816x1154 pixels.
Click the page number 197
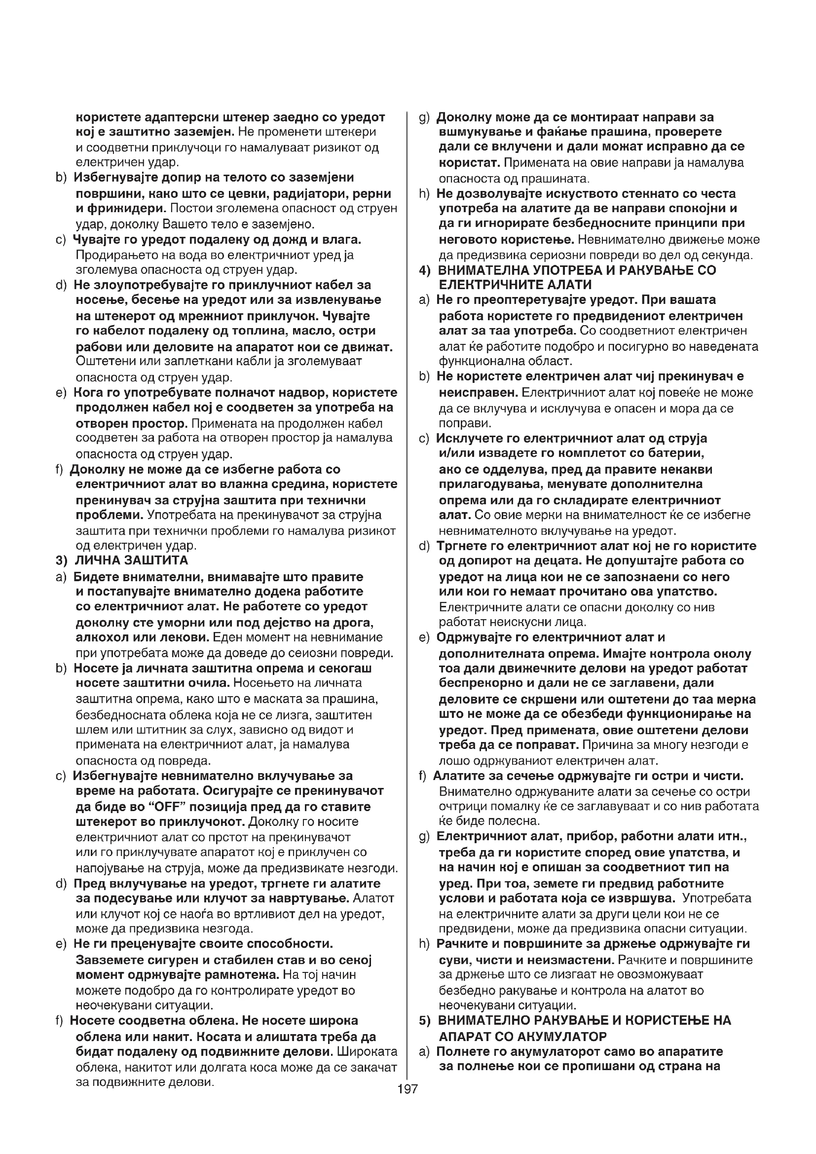pyautogui.click(x=408, y=1089)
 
